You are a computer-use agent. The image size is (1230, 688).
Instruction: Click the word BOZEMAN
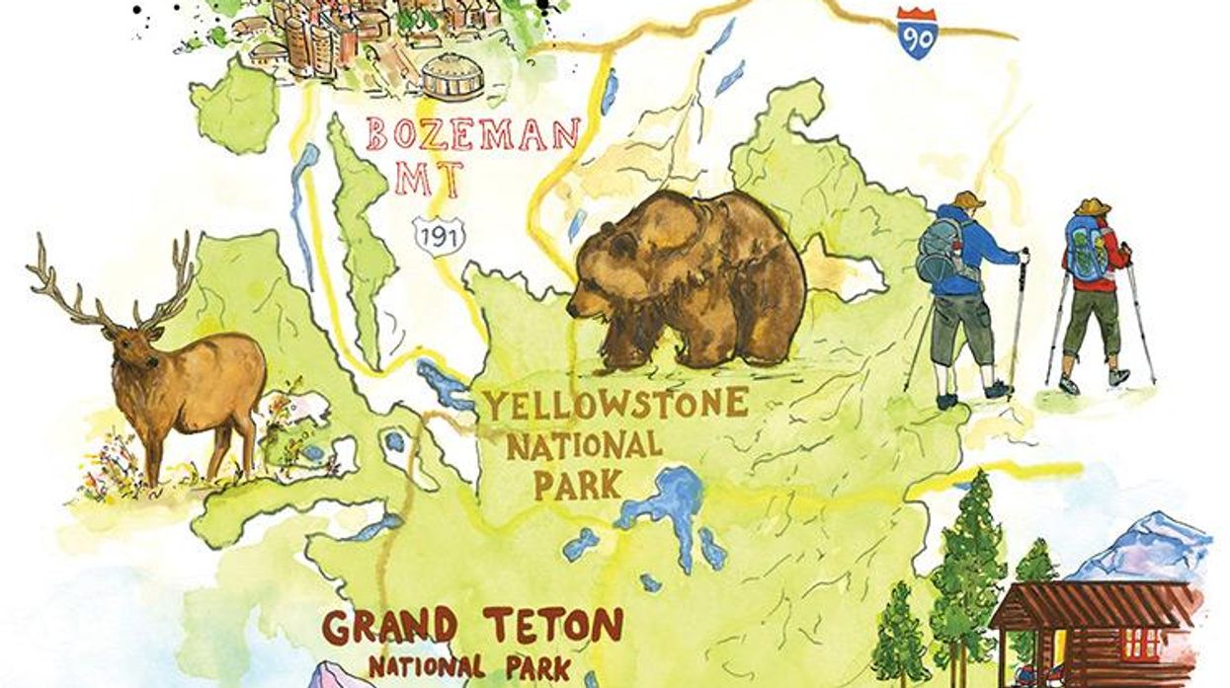(x=472, y=135)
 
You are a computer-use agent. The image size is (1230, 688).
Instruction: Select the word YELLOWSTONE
(x=615, y=404)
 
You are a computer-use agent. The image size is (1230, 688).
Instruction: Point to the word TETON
(x=553, y=625)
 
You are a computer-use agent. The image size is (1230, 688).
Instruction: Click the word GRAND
(x=390, y=627)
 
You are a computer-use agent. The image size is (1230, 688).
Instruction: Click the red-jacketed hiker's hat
(x=1094, y=206)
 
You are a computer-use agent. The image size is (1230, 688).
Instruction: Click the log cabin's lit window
(x=1144, y=643)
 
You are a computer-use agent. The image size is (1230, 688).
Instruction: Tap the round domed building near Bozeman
(x=451, y=75)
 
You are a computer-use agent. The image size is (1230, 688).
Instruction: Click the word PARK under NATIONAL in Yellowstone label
(x=578, y=485)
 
